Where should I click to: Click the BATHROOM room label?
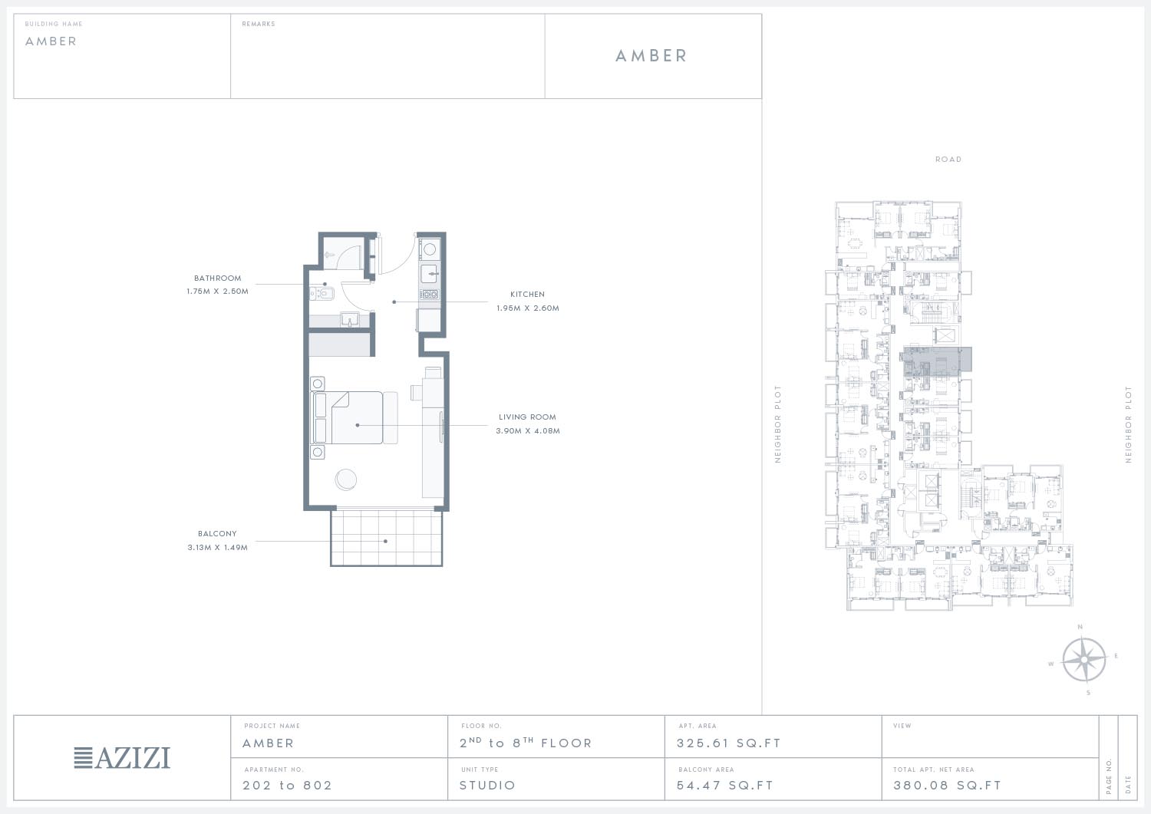pos(217,278)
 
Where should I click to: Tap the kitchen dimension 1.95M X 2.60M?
pos(528,308)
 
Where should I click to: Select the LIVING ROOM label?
pos(527,417)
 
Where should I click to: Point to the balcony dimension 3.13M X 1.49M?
pos(217,548)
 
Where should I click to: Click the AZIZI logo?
pos(122,758)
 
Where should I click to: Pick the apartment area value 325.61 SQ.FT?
pos(729,743)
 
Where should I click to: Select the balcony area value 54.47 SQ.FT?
pos(725,785)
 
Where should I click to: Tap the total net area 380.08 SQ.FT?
pos(947,785)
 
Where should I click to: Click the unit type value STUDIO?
pos(487,785)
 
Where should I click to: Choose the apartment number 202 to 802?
pos(287,785)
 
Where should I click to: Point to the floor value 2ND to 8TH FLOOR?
pos(526,743)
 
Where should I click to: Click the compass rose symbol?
pos(1083,659)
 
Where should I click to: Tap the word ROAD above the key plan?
pos(948,160)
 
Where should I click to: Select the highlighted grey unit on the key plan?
pos(937,360)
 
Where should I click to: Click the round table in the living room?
pos(346,480)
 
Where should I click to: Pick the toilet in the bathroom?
pos(322,294)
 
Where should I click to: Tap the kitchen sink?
pos(430,274)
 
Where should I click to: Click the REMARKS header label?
pos(259,24)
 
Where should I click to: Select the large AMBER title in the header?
pos(651,55)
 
